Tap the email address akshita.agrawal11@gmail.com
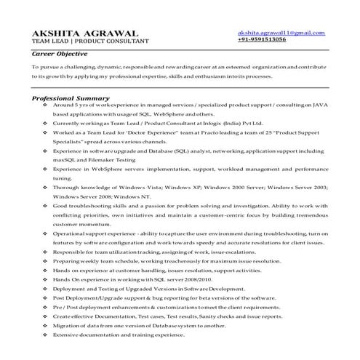point(281,33)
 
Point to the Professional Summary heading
point(71,98)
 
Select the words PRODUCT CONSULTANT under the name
point(107,42)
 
